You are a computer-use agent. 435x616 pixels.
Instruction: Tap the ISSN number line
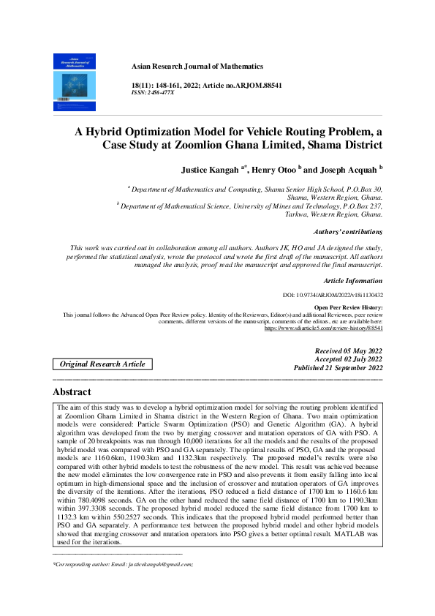click(152, 94)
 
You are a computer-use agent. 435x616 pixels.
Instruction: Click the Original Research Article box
click(102, 364)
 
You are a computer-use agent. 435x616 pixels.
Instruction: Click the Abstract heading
click(72, 392)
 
